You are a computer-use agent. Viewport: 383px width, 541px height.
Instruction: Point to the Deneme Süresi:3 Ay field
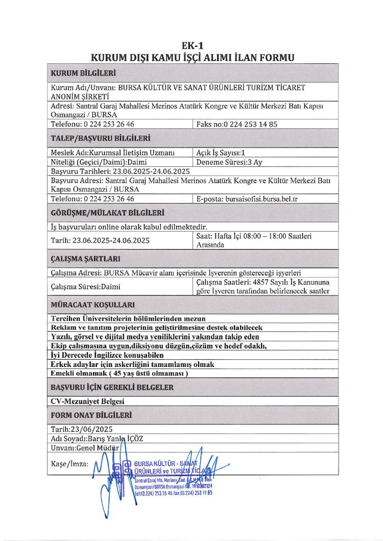tap(229, 162)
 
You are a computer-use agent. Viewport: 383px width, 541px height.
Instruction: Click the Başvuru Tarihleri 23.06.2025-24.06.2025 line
tap(121, 171)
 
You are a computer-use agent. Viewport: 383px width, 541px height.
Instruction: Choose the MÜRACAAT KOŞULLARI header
tap(92, 305)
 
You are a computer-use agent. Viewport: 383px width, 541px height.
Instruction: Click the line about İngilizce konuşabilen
tap(107, 355)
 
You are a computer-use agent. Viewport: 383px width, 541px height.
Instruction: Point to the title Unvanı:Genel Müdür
tap(85, 448)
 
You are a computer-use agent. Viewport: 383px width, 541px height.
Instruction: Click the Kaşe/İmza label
tap(70, 464)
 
